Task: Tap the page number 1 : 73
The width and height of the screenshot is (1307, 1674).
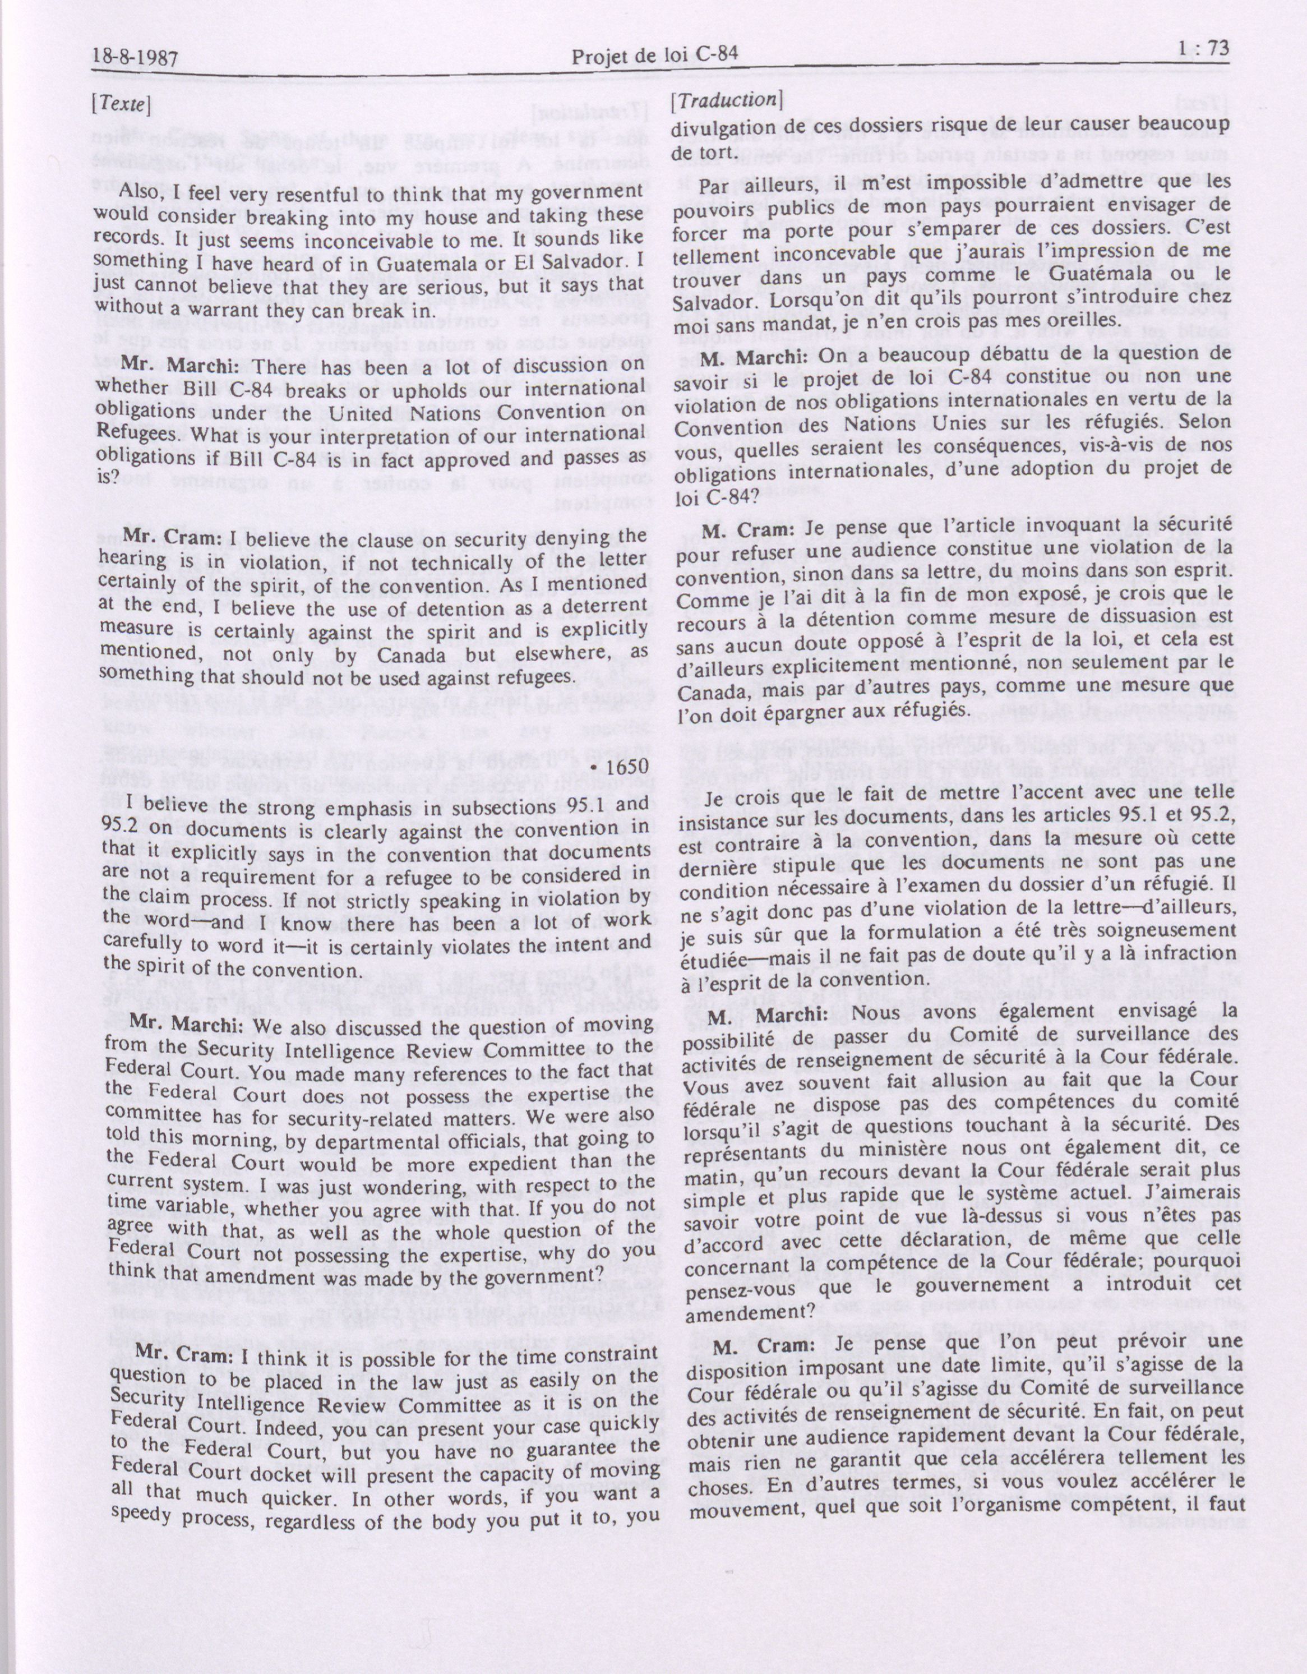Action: coord(1200,50)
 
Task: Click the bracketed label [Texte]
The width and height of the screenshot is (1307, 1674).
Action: coord(121,104)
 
